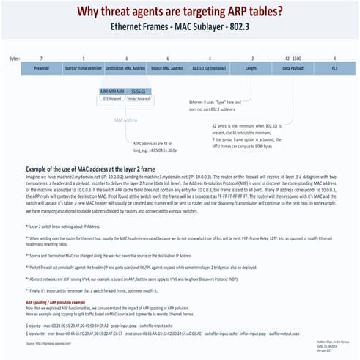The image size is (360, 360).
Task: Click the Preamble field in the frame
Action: click(42, 68)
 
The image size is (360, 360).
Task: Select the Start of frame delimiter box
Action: click(83, 68)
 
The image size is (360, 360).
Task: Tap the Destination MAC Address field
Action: click(125, 68)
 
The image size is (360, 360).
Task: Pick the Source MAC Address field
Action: click(168, 68)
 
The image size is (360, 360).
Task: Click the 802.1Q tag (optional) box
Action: click(210, 68)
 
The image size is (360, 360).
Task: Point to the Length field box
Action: click(252, 68)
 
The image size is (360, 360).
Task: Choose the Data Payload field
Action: click(295, 68)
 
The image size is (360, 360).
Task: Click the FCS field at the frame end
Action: click(335, 68)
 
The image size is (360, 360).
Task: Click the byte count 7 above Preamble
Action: click(42, 56)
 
